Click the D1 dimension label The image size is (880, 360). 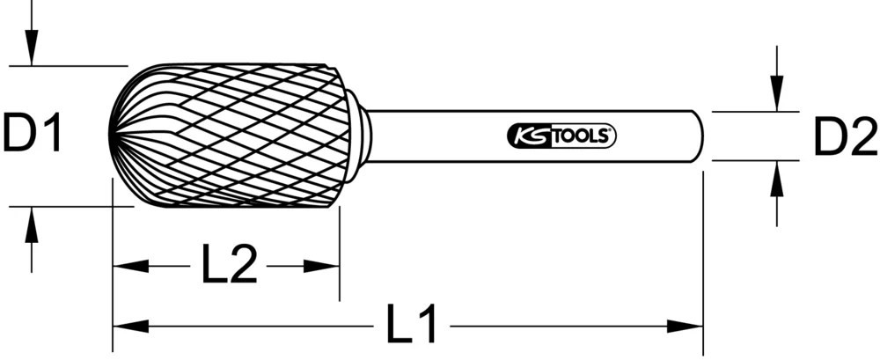click(33, 136)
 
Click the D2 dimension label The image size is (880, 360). click(844, 137)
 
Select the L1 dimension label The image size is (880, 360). click(412, 327)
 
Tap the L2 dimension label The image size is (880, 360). click(228, 266)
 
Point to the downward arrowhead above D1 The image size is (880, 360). click(32, 49)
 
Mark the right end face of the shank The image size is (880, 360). click(700, 136)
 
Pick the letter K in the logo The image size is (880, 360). click(518, 136)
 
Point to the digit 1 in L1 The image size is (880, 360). click(428, 327)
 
